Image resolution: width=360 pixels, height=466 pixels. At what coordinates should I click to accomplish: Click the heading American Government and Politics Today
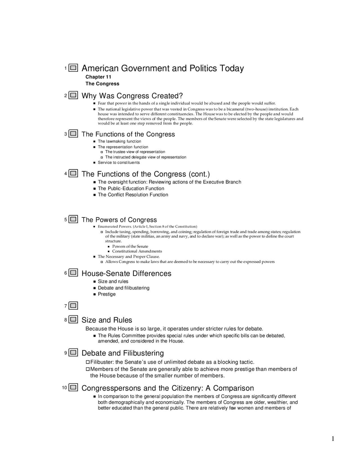pos(163,68)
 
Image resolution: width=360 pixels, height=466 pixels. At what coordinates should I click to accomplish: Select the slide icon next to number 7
pos(73,306)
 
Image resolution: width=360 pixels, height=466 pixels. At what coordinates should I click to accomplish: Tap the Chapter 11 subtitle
pos(98,77)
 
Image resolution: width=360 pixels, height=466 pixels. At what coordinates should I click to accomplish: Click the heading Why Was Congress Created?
pos(132,96)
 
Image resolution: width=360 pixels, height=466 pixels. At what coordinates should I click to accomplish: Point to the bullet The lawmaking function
pos(119,141)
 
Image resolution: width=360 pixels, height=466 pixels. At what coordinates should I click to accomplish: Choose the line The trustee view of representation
pos(135,152)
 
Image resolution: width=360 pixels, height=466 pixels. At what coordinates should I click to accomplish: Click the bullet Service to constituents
pos(119,163)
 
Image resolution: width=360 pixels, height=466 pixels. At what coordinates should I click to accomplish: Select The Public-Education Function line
pos(131,189)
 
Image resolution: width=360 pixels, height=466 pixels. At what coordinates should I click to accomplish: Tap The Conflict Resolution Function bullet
pos(133,195)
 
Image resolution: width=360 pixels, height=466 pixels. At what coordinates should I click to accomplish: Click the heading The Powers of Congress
pos(119,220)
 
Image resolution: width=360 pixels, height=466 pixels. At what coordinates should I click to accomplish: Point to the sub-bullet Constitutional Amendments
pos(137,251)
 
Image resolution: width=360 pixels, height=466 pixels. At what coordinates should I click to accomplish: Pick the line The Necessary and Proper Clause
pos(129,257)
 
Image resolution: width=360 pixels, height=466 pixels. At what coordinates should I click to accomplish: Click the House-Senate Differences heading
pos(126,274)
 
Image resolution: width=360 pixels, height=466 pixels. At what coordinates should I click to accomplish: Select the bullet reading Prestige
pos(107,294)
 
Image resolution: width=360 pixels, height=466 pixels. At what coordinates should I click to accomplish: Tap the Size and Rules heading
pos(107,320)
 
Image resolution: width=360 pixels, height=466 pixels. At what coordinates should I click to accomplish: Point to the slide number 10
pos(64,388)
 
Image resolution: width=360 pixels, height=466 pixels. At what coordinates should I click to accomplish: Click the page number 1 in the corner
pos(333,439)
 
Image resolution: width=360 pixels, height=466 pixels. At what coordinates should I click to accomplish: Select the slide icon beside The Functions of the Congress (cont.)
pos(73,173)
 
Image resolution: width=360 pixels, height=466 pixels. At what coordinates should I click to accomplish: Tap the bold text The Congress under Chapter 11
pos(102,84)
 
